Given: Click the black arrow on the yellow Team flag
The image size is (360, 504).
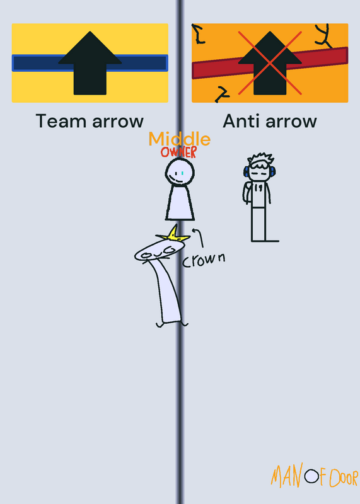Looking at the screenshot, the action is [90, 64].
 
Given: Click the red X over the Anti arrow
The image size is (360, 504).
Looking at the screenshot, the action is [270, 63].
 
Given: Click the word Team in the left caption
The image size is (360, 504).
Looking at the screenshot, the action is [61, 121].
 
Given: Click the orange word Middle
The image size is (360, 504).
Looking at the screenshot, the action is [180, 139].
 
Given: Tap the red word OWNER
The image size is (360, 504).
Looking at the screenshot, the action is [179, 152].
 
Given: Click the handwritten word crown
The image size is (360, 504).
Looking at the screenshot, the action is [204, 260].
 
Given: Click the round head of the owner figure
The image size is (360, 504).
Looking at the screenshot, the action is [180, 172].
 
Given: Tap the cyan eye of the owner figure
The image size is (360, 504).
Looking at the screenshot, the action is [182, 173].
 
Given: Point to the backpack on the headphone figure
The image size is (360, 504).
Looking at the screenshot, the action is [247, 193].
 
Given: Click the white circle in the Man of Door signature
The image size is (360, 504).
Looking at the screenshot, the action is [311, 476].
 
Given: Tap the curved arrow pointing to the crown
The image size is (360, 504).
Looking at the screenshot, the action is [199, 238].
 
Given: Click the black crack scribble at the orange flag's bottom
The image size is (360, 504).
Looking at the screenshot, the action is [222, 94].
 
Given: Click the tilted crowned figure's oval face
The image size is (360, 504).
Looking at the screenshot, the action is [160, 251].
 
